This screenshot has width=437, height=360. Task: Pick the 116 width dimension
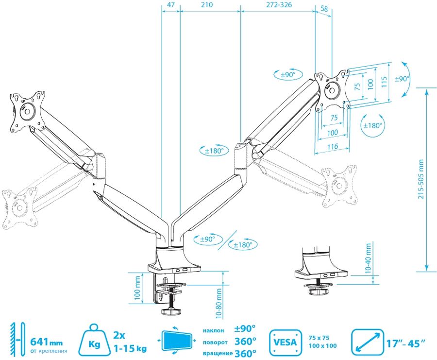[332, 146]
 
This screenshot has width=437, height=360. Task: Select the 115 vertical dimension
[384, 82]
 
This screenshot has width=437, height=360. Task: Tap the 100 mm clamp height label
[137, 288]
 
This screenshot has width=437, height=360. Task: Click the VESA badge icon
[285, 341]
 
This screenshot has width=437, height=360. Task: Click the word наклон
[213, 331]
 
